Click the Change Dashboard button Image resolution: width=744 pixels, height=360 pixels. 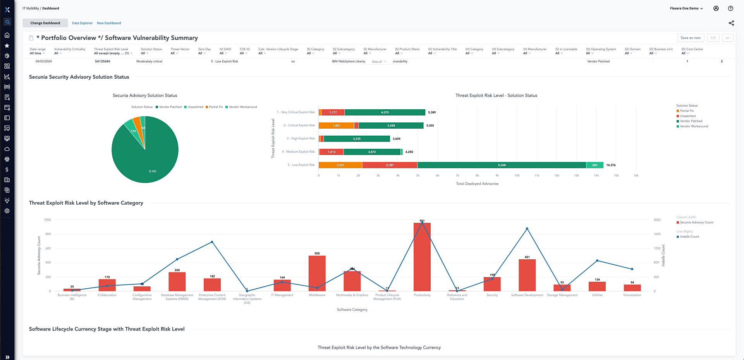point(45,23)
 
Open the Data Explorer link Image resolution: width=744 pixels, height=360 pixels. point(82,23)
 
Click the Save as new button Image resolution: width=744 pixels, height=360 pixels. point(690,38)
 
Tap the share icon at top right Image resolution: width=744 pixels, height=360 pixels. point(731,23)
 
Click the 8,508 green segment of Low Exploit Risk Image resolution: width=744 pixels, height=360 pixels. point(502,165)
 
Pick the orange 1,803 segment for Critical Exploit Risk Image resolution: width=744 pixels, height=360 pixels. point(336,126)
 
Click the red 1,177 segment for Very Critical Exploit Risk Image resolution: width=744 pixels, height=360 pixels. point(333,112)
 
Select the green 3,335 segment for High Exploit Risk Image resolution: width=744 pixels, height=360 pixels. point(356,139)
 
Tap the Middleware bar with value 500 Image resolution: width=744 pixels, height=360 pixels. point(317,273)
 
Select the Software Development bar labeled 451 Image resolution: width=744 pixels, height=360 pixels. point(527,275)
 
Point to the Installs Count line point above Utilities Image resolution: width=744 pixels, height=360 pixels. point(597,261)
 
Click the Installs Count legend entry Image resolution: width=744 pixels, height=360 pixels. point(689,236)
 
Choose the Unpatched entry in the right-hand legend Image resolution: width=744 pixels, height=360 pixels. point(687,116)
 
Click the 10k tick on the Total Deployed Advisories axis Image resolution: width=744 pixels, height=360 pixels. point(517,176)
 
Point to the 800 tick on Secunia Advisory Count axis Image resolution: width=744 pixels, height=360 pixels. point(48,234)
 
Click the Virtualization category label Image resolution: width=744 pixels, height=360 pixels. point(632,295)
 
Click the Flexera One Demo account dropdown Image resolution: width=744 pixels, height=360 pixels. point(686,8)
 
